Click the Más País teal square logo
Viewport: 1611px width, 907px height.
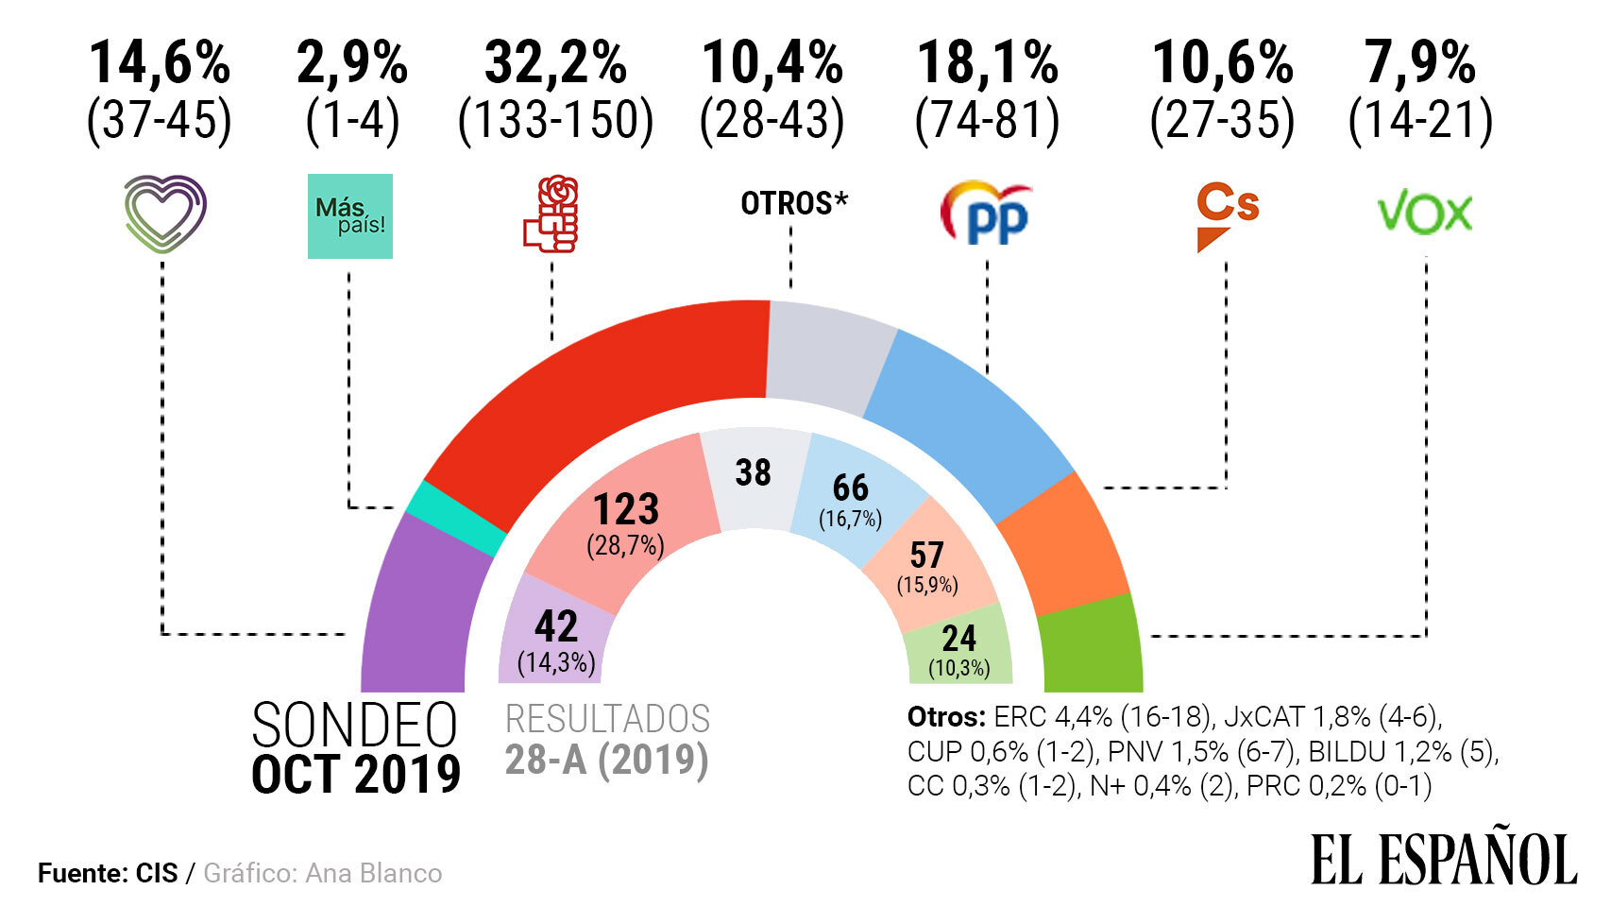click(x=349, y=216)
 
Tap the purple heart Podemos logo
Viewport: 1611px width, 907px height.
click(x=165, y=214)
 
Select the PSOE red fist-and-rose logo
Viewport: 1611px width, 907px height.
click(x=551, y=214)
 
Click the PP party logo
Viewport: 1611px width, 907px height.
click(x=987, y=214)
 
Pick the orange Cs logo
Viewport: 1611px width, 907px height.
click(x=1226, y=216)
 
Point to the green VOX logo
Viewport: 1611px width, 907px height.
click(x=1425, y=214)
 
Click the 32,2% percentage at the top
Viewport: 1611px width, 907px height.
click(x=555, y=64)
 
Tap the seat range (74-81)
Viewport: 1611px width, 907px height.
click(x=987, y=121)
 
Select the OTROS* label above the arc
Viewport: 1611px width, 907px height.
click(x=793, y=203)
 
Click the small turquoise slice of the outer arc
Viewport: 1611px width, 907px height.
click(x=455, y=520)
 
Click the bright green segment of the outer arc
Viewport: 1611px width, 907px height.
click(x=1092, y=647)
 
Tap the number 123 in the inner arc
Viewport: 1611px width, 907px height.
click(x=625, y=510)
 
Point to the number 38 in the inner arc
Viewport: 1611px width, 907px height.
click(x=753, y=472)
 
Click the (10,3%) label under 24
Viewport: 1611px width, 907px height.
click(x=958, y=669)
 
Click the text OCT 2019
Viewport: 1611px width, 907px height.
click(x=356, y=775)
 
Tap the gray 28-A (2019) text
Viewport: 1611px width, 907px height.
click(x=606, y=760)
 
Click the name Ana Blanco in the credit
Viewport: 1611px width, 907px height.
click(x=374, y=873)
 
